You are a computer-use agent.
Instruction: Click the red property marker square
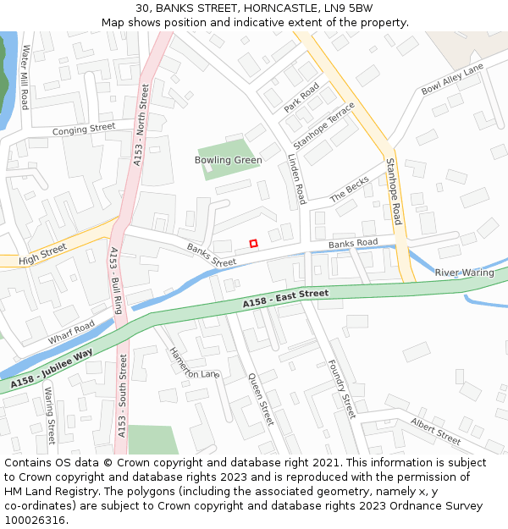pyautogui.click(x=253, y=244)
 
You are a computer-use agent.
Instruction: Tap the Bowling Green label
pyautogui.click(x=228, y=160)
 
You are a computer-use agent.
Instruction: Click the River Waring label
pyautogui.click(x=464, y=273)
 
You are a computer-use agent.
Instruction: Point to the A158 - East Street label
pyautogui.click(x=285, y=299)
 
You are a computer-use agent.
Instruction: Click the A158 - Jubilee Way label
pyautogui.click(x=52, y=370)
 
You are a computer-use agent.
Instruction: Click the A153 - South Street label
pyautogui.click(x=124, y=395)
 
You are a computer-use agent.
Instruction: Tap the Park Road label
pyautogui.click(x=301, y=97)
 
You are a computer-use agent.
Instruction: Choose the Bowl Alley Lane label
pyautogui.click(x=452, y=78)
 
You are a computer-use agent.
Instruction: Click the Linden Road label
pyautogui.click(x=296, y=179)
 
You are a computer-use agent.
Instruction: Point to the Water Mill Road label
pyautogui.click(x=25, y=77)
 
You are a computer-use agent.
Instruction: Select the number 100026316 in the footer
pyautogui.click(x=34, y=520)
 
